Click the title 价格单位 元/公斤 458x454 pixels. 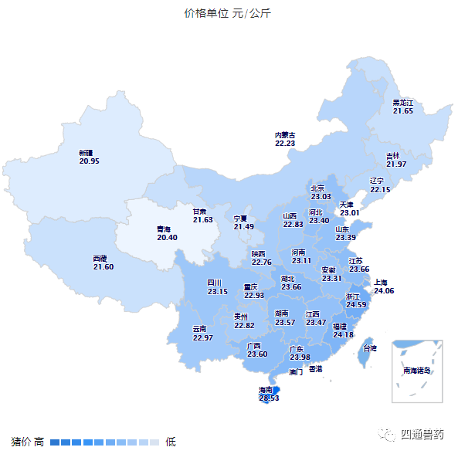tap(228, 14)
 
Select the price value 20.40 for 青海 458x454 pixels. tap(167, 238)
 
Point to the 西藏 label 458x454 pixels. tap(100, 259)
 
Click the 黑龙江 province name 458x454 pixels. tap(403, 103)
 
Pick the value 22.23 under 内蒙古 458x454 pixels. tap(285, 144)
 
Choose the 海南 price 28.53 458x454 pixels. tap(269, 398)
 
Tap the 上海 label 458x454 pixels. tap(383, 283)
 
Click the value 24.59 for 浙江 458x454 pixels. tap(356, 305)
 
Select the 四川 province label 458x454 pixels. tap(215, 283)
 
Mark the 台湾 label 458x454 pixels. tap(370, 349)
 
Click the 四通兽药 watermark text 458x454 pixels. tap(423, 434)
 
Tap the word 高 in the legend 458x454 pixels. tap(39, 442)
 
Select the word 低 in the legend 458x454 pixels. tap(171, 442)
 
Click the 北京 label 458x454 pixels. tap(319, 188)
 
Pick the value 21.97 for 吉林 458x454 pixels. tap(396, 164)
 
